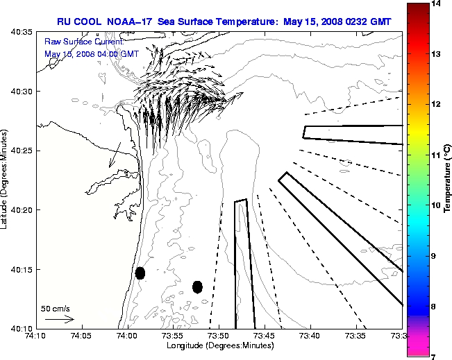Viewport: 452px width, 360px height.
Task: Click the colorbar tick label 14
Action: click(x=437, y=3)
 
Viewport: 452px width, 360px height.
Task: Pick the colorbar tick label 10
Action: click(x=437, y=205)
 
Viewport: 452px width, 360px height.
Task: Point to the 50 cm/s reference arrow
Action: click(x=59, y=319)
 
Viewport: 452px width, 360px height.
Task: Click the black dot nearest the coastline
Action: click(x=140, y=273)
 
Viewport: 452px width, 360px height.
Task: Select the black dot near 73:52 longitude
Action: click(x=197, y=286)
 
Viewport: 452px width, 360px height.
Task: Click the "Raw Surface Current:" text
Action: click(x=74, y=42)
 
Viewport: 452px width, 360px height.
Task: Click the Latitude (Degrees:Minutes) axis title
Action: click(x=6, y=180)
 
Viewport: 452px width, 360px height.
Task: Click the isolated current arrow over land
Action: click(x=116, y=153)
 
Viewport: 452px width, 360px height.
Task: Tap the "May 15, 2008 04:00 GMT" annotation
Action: click(x=91, y=53)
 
